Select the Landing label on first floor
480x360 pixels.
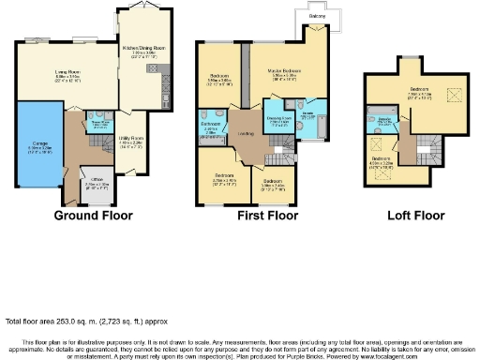tap(246, 131)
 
